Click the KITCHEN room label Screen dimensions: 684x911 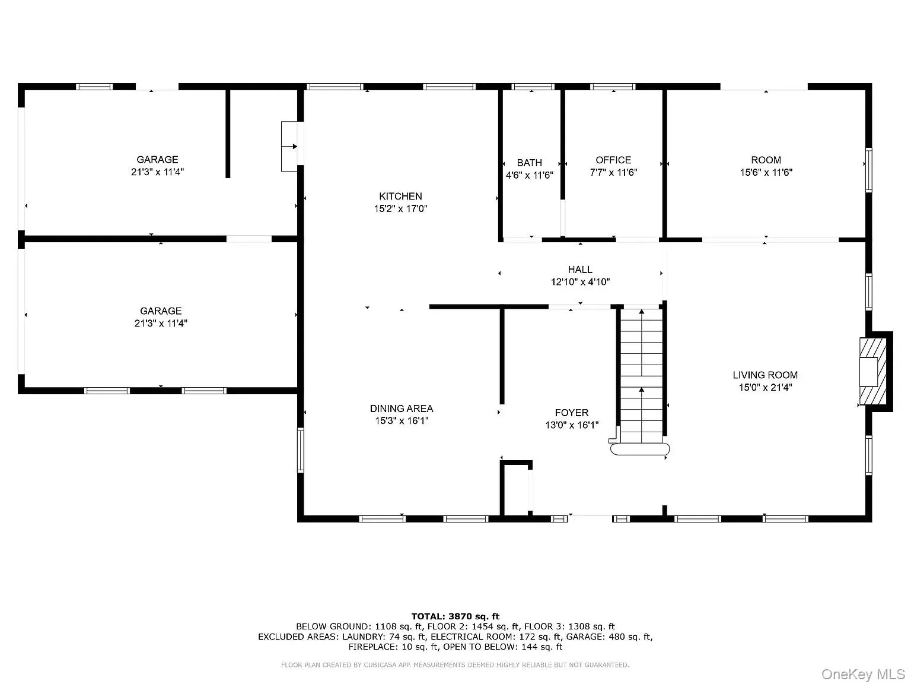(x=400, y=197)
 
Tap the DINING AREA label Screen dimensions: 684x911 (x=401, y=408)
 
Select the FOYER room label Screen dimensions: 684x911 (x=571, y=413)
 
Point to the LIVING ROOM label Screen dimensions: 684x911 (x=765, y=375)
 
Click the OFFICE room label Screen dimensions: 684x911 (x=613, y=160)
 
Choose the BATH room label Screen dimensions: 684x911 (x=529, y=163)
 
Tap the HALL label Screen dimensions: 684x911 (x=579, y=270)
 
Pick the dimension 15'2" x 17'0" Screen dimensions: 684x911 (x=400, y=209)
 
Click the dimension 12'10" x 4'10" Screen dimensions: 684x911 (x=579, y=282)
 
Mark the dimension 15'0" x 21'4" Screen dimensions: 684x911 (x=765, y=387)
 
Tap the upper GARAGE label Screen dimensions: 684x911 (x=157, y=159)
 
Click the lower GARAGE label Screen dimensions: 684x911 (x=160, y=311)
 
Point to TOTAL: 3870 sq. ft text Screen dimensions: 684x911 (x=455, y=616)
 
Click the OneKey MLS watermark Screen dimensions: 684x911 (x=863, y=674)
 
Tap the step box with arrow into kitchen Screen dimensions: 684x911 (x=290, y=147)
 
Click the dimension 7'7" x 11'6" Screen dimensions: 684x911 (x=613, y=172)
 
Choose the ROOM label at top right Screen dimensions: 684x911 (x=766, y=160)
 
